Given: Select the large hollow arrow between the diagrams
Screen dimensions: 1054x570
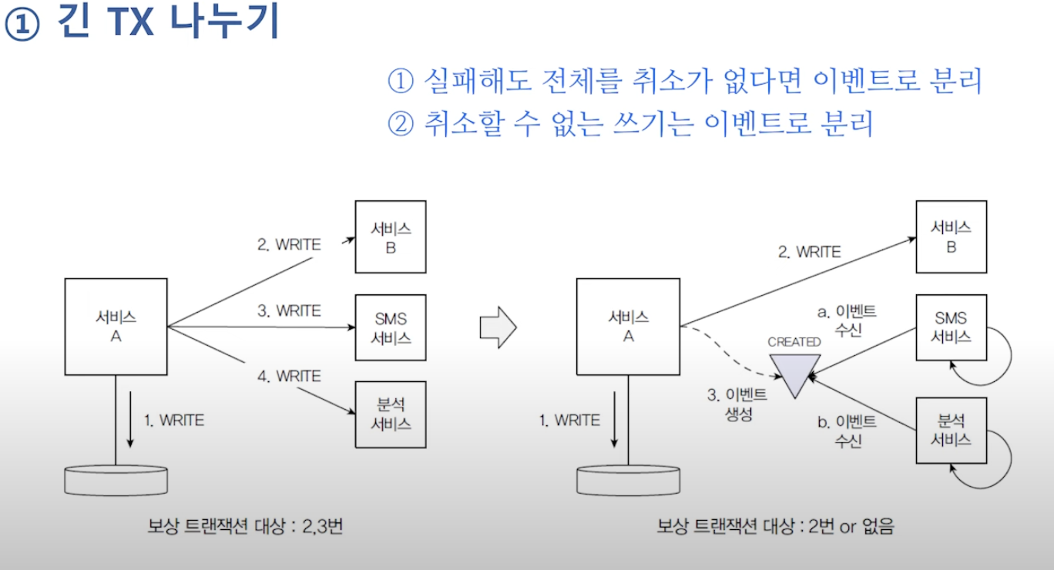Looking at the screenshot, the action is [x=498, y=327].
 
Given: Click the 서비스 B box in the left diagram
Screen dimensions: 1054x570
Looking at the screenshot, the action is [x=391, y=236].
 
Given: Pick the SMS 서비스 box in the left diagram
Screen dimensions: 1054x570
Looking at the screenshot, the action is [x=391, y=327].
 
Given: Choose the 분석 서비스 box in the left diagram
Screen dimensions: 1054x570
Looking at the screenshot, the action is [x=391, y=414].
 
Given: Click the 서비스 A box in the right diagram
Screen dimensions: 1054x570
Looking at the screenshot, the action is [x=628, y=327].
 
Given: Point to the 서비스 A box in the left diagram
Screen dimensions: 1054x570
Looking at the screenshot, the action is [x=116, y=327].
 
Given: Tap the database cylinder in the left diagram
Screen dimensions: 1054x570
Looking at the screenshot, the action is [x=116, y=479].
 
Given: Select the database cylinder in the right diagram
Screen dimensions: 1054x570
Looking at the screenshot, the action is [x=628, y=479].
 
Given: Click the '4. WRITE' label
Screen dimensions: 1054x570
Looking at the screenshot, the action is [x=288, y=376].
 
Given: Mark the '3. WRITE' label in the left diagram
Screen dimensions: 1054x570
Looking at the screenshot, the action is [x=288, y=310].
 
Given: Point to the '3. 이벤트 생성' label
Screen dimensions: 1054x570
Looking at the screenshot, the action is [x=737, y=404].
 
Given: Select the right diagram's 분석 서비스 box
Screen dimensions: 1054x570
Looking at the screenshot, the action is [x=951, y=430].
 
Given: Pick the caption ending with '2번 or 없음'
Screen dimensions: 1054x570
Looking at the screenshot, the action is [x=775, y=528].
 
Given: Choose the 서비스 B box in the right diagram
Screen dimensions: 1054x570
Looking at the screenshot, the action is [x=951, y=236].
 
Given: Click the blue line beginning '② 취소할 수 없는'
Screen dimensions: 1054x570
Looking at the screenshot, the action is [x=629, y=123].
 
